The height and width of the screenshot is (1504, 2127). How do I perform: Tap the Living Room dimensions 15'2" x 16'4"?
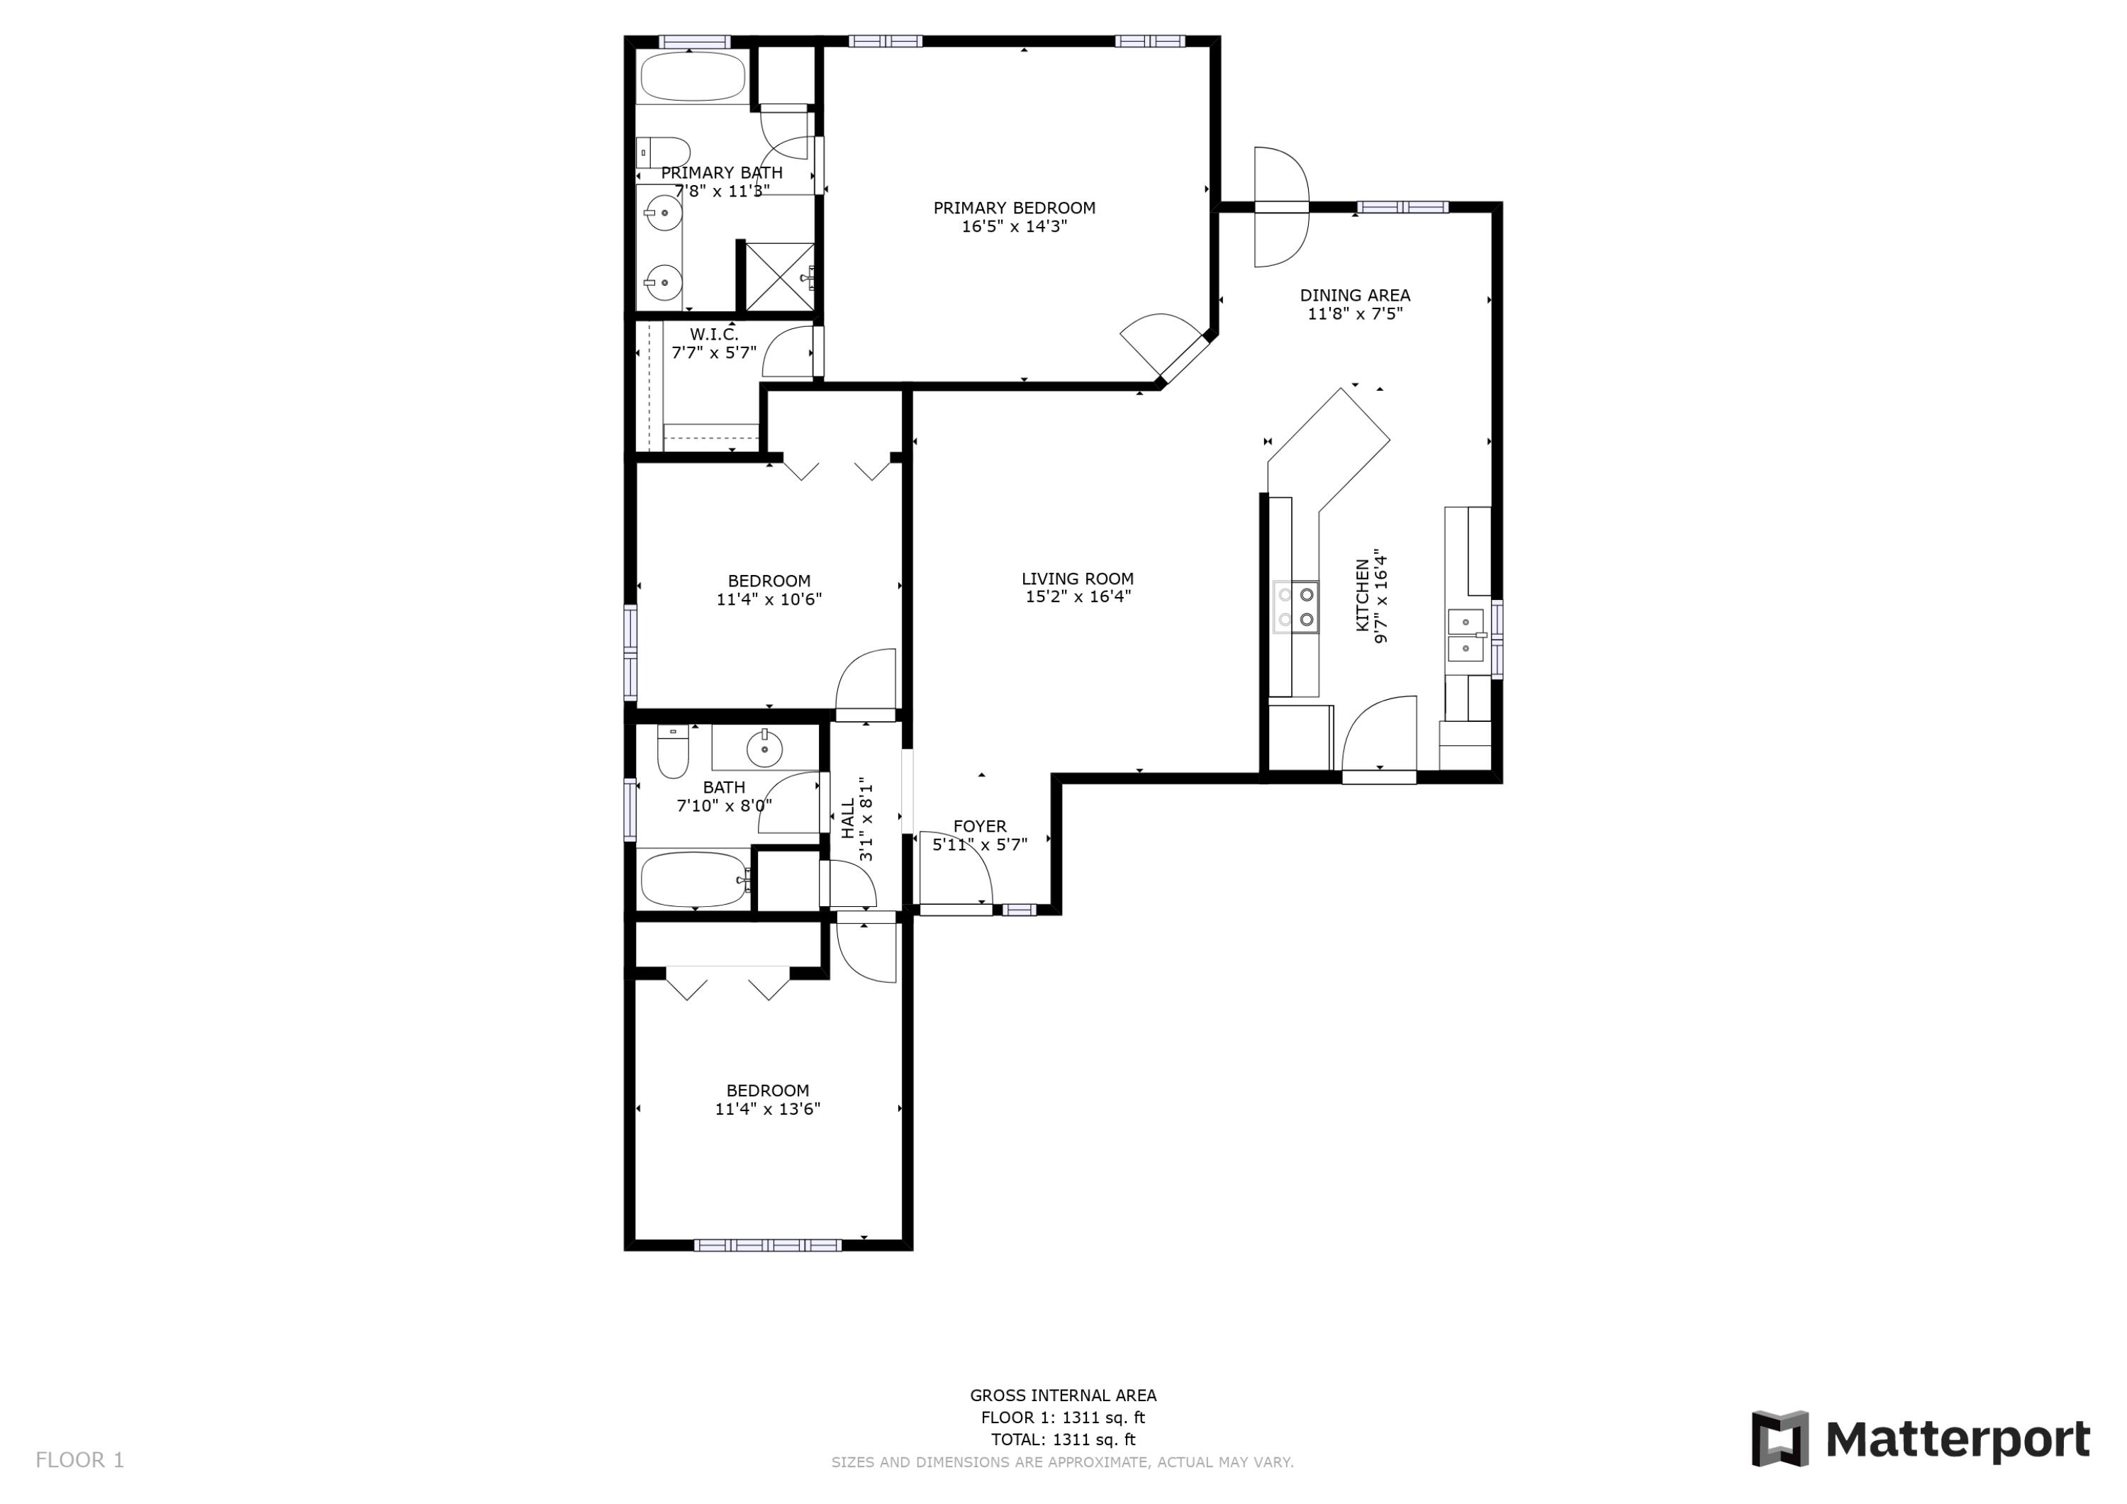click(1078, 597)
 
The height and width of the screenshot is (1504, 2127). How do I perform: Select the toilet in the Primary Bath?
click(665, 152)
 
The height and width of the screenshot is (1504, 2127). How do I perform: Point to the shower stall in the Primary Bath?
click(779, 276)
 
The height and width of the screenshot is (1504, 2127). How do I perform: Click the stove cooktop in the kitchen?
click(1296, 607)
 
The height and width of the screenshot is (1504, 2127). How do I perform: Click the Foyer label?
click(979, 825)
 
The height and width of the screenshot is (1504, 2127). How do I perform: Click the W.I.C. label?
click(713, 333)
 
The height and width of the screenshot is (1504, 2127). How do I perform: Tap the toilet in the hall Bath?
click(673, 752)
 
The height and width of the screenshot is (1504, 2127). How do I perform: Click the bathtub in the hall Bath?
click(694, 879)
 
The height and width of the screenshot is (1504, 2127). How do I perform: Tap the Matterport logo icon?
click(1779, 1438)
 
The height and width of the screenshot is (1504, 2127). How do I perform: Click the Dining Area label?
click(1354, 295)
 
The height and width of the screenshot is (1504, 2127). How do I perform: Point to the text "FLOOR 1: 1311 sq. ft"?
click(1063, 1417)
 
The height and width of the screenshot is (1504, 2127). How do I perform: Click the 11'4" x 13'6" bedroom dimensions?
click(767, 1109)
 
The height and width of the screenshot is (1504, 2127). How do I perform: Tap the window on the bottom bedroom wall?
click(767, 1244)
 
